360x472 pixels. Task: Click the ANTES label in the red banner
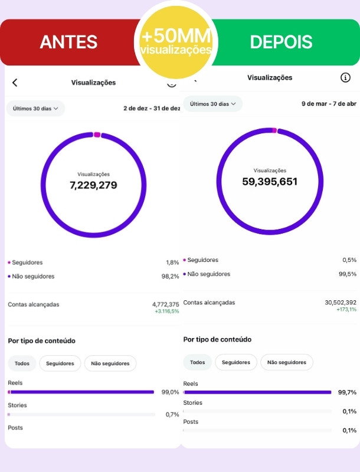[x=68, y=41]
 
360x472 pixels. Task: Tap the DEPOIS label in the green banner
[x=281, y=41]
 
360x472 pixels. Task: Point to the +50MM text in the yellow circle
[x=176, y=35]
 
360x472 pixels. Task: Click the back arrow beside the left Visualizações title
[x=15, y=83]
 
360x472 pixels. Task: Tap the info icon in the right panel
[x=345, y=78]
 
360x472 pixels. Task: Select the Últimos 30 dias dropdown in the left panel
[x=35, y=109]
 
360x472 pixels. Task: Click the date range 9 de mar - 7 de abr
[x=329, y=104]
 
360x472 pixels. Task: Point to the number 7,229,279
[x=93, y=185]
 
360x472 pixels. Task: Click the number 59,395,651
[x=270, y=182]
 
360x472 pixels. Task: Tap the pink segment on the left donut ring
[x=97, y=135]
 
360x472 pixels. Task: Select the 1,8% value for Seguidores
[x=172, y=263]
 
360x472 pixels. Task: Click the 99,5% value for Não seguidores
[x=348, y=274]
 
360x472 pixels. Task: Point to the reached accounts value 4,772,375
[x=166, y=304]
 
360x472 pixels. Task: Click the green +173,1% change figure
[x=346, y=309]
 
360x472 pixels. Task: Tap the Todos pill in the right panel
[x=198, y=362]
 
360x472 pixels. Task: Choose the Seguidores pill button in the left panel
[x=60, y=363]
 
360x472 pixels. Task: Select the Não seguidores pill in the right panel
[x=287, y=362]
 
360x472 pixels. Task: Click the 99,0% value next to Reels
[x=171, y=392]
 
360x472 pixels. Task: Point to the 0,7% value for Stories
[x=172, y=415]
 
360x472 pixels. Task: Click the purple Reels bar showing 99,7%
[x=257, y=392]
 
